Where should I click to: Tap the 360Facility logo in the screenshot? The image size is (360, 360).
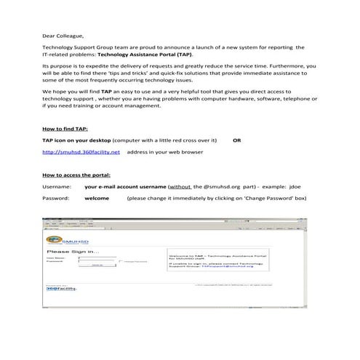[61, 288]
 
